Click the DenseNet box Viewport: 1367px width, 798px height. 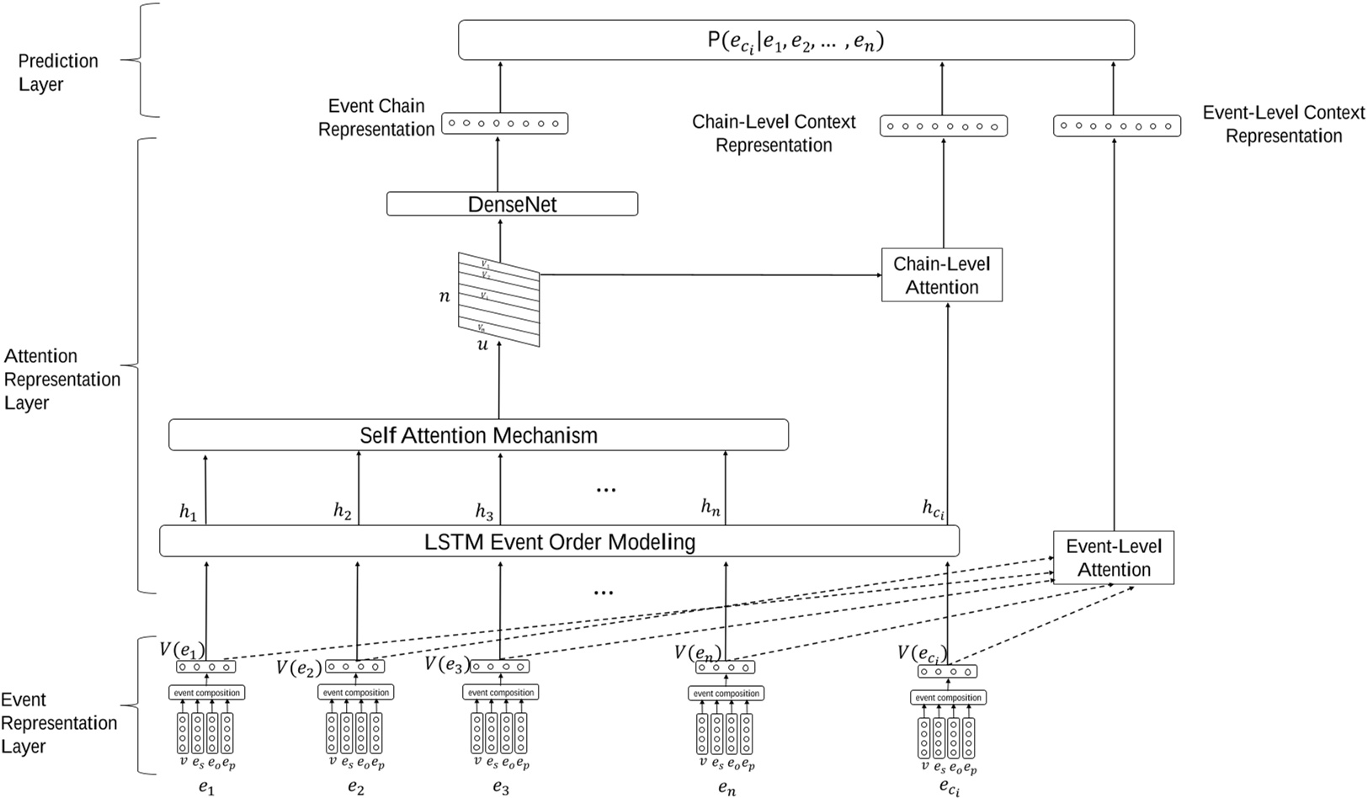[x=512, y=204]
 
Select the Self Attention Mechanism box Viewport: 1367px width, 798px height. [x=478, y=435]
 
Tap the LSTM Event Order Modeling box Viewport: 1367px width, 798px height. [x=559, y=541]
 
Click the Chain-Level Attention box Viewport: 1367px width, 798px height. [x=941, y=275]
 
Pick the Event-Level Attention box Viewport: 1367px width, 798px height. [x=1113, y=557]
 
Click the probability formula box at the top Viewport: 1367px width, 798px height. [x=795, y=40]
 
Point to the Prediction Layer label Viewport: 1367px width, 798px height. [x=58, y=72]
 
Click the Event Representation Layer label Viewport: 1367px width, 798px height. [x=58, y=723]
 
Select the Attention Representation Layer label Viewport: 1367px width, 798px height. [x=61, y=379]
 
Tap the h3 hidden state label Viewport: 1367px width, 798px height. [x=484, y=511]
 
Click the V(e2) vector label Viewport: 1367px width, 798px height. [x=299, y=668]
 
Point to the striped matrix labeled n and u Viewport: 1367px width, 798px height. [x=498, y=299]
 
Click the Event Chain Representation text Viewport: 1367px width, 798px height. [x=376, y=118]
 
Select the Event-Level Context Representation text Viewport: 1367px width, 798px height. [x=1283, y=124]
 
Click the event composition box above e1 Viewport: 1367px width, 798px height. [x=206, y=693]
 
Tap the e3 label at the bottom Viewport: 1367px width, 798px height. [x=500, y=788]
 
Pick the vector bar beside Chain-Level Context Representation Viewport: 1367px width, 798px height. [x=943, y=126]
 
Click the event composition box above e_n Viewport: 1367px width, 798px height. [x=726, y=694]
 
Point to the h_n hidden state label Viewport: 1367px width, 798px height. [x=710, y=507]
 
